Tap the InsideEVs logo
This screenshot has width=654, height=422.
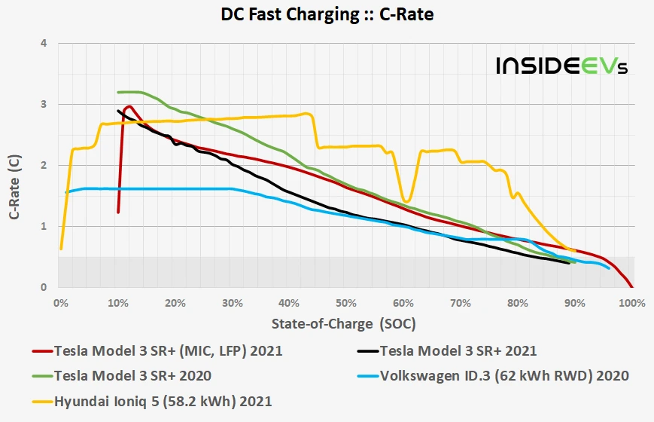561,66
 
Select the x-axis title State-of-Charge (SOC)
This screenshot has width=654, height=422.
344,323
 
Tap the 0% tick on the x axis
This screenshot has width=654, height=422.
60,303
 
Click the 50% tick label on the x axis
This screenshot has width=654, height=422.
345,303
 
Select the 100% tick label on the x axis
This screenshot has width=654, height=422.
631,303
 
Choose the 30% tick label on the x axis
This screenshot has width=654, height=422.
231,303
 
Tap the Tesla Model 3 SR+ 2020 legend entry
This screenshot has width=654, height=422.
132,375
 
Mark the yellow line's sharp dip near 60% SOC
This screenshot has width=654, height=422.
407,201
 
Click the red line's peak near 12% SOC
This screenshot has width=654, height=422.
129,106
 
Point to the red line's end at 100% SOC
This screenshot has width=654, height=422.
631,287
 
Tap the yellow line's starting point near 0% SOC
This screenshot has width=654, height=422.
61,248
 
